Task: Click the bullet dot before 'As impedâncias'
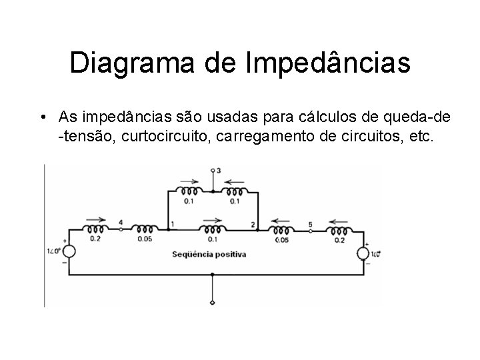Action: (42, 119)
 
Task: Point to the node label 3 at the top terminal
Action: (219, 171)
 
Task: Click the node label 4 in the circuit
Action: (121, 222)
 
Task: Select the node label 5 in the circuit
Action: (310, 224)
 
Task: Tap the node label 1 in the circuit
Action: (173, 224)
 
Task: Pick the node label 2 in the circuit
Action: (253, 224)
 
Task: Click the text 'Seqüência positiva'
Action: (209, 254)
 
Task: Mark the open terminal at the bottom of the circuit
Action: (213, 304)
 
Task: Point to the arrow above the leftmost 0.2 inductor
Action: (95, 218)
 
